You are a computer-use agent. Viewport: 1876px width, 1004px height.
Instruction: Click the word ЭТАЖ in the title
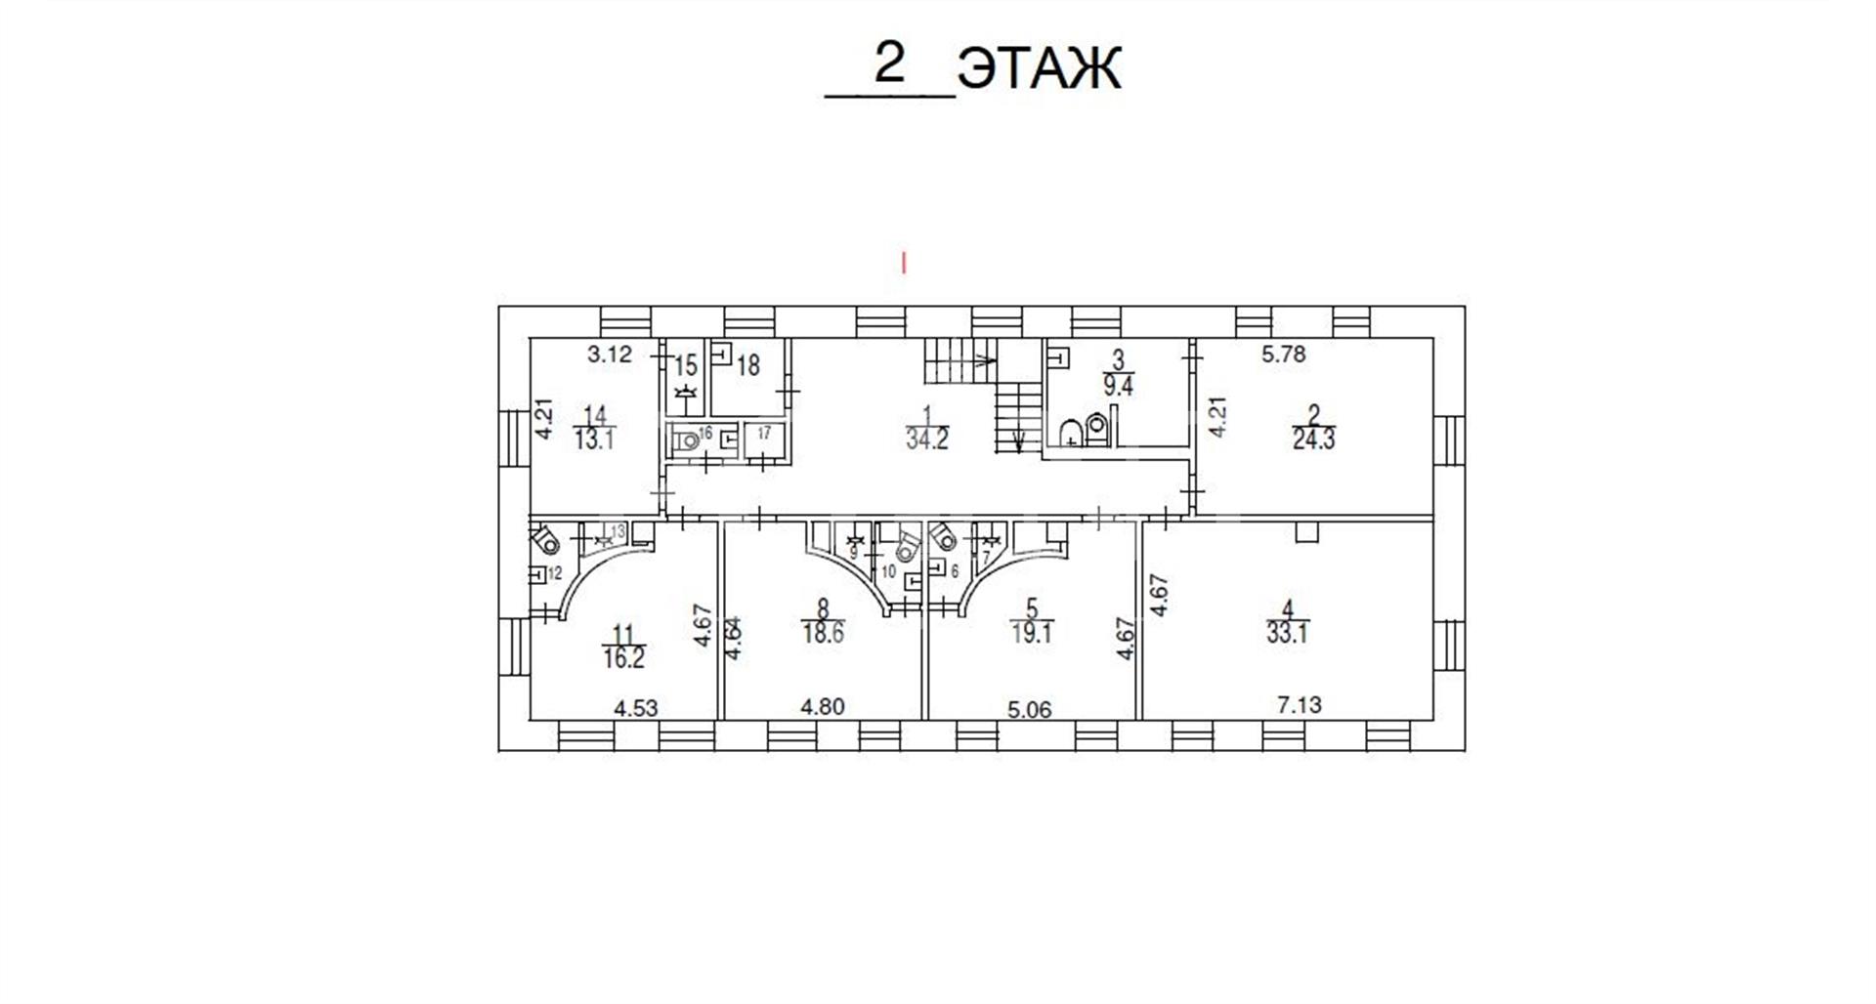point(1039,69)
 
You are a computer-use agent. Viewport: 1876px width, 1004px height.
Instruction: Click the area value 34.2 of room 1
point(926,439)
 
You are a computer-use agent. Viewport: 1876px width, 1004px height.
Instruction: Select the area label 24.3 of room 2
point(1313,439)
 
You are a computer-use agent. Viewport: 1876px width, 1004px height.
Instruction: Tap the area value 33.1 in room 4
point(1288,633)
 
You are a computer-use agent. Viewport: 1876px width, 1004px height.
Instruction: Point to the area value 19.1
point(1031,633)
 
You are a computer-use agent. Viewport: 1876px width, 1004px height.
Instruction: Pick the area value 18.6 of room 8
point(823,633)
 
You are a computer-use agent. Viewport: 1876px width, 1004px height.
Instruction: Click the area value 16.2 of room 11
point(623,658)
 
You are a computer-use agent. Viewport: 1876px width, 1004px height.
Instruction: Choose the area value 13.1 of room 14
point(594,439)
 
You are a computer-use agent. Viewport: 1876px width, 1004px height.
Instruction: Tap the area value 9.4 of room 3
point(1118,386)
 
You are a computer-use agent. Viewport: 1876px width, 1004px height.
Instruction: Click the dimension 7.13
point(1300,704)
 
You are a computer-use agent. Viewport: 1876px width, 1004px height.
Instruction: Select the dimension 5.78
point(1283,355)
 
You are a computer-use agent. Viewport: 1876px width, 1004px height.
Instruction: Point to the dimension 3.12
point(610,355)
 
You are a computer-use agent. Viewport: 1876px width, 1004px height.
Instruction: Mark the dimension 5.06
point(1030,709)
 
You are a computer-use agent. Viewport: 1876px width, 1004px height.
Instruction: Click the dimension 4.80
point(822,706)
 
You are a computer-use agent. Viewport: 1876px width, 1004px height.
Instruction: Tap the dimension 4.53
point(635,706)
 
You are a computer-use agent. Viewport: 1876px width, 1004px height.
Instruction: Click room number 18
point(748,366)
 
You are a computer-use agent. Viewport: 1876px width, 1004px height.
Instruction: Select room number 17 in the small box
point(764,432)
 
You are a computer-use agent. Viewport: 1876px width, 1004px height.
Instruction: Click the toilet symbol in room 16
point(689,440)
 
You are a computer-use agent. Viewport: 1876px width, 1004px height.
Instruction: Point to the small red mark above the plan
point(905,263)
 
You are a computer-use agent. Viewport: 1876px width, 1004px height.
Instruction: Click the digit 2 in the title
point(889,65)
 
